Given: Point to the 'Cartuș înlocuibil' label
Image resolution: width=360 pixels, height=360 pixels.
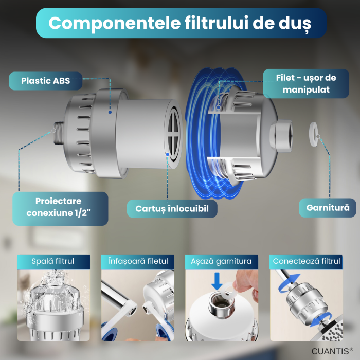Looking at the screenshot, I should pos(172,209).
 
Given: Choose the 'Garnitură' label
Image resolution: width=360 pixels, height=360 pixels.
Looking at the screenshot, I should pos(328,208).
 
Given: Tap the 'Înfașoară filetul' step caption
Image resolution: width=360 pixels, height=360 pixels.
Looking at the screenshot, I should pos(134,261).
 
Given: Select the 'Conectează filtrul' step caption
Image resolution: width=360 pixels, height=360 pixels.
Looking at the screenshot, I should pos(307,261).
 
